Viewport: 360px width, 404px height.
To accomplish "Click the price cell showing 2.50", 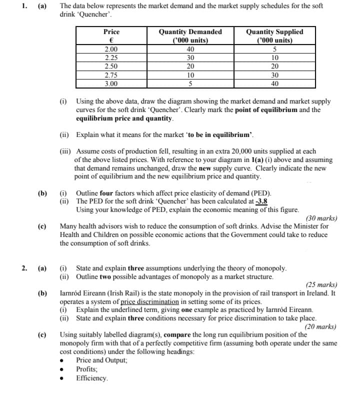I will (x=111, y=66).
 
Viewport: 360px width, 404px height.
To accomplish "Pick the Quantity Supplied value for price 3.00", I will (x=274, y=84).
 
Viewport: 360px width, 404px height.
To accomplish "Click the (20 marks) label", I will (x=320, y=327).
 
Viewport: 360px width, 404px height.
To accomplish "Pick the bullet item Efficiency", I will (x=91, y=378).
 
